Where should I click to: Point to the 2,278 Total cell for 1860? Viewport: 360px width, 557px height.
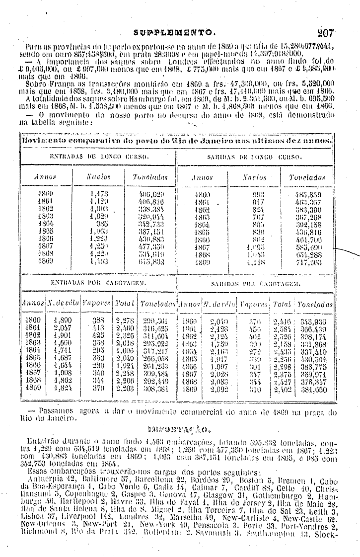click(125, 321)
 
